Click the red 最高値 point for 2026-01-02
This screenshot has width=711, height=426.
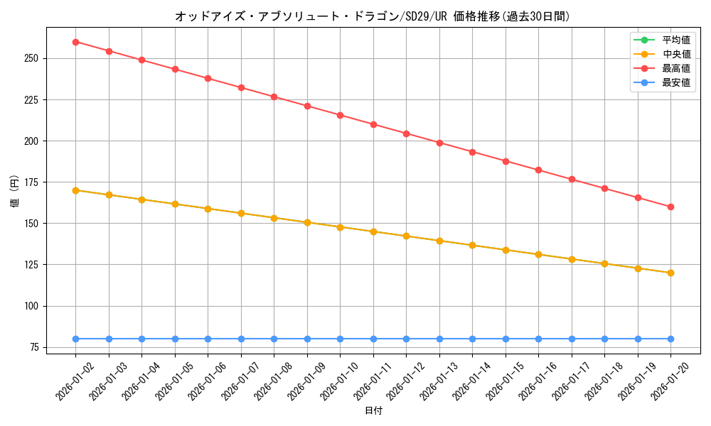pyautogui.click(x=75, y=42)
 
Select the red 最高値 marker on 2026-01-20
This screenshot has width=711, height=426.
pyautogui.click(x=670, y=207)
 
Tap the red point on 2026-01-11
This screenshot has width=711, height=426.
pyautogui.click(x=373, y=124)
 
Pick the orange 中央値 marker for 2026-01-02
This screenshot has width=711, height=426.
pyautogui.click(x=75, y=190)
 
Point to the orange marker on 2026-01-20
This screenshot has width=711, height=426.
pyautogui.click(x=670, y=273)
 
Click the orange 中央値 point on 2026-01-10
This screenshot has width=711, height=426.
pyautogui.click(x=340, y=227)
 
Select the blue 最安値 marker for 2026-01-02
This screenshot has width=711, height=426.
pyautogui.click(x=75, y=339)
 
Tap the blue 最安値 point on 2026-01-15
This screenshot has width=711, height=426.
pyautogui.click(x=506, y=339)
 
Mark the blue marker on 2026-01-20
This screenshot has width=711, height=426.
pyautogui.click(x=670, y=339)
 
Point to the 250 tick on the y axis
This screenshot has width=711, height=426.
pyautogui.click(x=31, y=58)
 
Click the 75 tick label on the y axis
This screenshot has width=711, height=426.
pyautogui.click(x=34, y=347)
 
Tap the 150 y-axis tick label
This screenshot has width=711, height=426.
pyautogui.click(x=31, y=224)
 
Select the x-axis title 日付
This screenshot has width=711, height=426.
pyautogui.click(x=373, y=411)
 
